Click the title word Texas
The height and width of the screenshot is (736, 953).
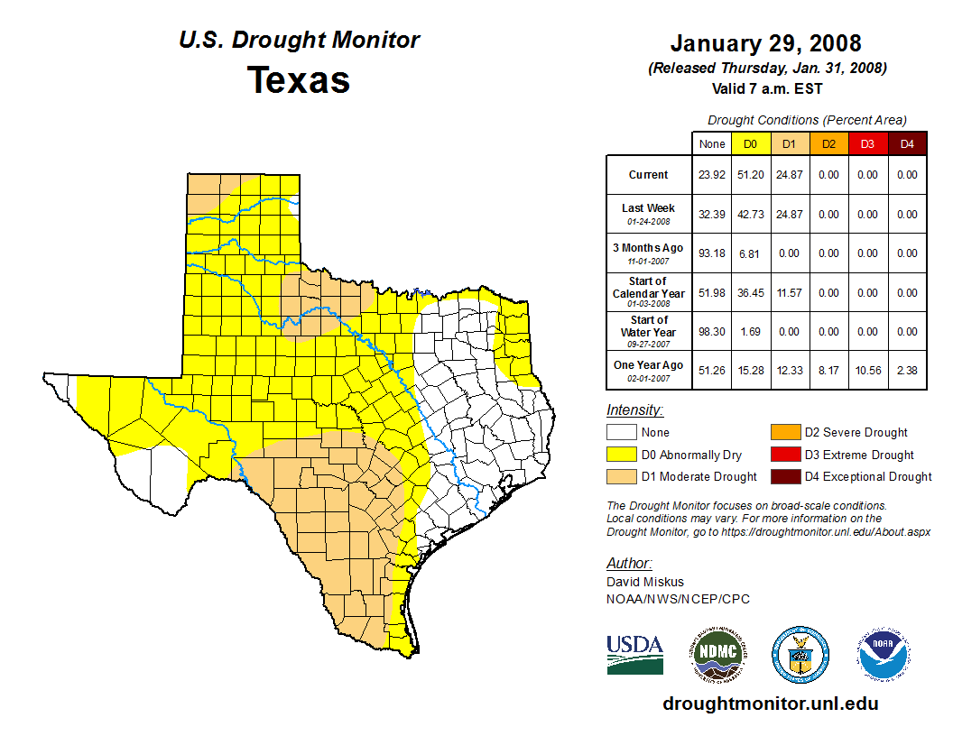[299, 80]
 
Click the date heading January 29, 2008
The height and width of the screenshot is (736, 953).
[765, 43]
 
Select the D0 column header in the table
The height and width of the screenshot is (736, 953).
[750, 143]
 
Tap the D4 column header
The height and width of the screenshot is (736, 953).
[907, 143]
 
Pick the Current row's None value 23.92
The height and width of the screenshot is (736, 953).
[711, 175]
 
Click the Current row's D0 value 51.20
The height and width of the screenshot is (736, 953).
[750, 175]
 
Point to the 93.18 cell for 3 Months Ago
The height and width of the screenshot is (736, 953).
[711, 253]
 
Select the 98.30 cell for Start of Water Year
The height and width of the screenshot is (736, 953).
[711, 332]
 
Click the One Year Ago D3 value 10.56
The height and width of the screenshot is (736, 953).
[867, 372]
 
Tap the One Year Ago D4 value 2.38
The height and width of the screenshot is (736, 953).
[907, 372]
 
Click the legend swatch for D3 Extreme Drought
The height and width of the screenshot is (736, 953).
[783, 455]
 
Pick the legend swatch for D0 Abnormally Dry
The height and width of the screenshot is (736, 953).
[621, 455]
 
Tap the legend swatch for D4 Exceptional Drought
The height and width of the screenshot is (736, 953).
[783, 476]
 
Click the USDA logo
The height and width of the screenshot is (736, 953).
[634, 654]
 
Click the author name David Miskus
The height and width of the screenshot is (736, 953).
[644, 582]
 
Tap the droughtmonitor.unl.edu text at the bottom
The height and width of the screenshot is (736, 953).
[770, 704]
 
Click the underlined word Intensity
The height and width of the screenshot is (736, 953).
[634, 410]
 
